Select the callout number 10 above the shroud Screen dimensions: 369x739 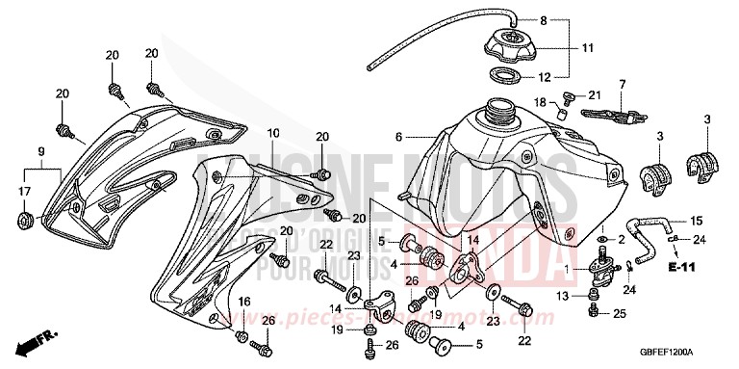click(x=273, y=132)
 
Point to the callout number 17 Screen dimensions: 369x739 click(x=23, y=193)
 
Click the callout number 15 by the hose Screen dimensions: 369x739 click(x=698, y=221)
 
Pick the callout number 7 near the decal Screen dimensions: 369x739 click(x=623, y=84)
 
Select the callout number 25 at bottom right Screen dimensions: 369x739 click(x=621, y=314)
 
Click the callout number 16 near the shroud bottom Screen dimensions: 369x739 click(x=245, y=303)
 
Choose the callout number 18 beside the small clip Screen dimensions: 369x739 click(x=540, y=102)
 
